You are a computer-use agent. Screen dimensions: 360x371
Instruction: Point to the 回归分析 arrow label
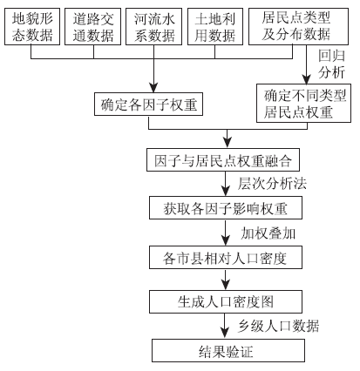331,64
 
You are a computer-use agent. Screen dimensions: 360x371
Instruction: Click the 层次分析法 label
272,184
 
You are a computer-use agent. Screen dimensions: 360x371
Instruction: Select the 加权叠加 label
268,233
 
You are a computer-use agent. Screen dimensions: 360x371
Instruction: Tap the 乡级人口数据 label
278,326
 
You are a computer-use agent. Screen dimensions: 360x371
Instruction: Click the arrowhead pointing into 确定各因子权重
153,88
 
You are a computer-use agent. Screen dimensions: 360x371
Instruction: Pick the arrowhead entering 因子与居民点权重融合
228,144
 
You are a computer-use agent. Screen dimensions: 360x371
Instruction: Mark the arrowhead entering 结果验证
225,334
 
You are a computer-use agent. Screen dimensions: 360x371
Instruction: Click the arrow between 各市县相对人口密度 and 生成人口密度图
225,280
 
